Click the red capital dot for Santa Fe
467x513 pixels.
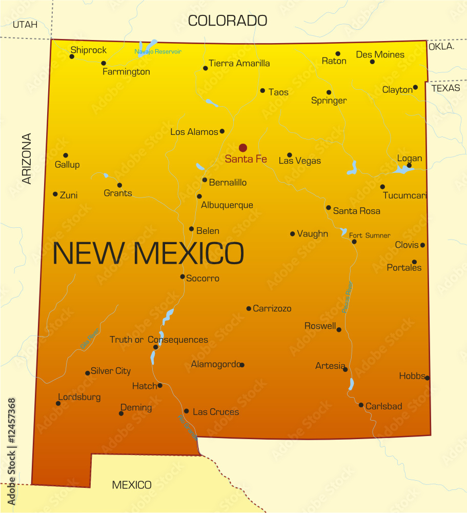pos(243,148)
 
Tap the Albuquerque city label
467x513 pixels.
pos(227,205)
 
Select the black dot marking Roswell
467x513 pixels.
pos(339,329)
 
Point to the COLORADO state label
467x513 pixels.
pos(228,21)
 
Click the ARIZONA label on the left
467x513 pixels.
pos(27,159)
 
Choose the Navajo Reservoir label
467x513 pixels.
pos(158,51)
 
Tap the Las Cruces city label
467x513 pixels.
pos(216,412)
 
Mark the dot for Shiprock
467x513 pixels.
pos(72,56)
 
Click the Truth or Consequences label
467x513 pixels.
pos(159,340)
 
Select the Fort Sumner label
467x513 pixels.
pos(370,235)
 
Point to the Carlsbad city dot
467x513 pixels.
pos(361,405)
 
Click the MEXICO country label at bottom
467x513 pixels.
pos(132,485)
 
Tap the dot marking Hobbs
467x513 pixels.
pos(427,378)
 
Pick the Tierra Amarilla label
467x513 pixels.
pos(239,64)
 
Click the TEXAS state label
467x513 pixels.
pos(445,88)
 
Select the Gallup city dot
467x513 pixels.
pos(66,155)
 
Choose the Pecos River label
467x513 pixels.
pos(347,297)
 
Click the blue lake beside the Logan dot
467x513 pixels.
pos(402,169)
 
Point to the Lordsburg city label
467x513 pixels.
pos(79,397)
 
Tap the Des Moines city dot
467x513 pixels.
pos(372,62)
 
